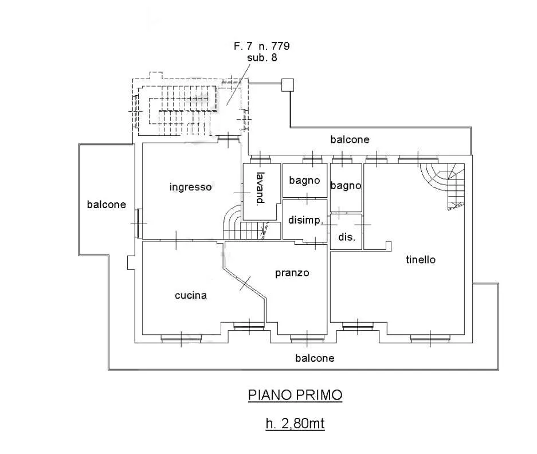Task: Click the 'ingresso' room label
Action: point(190,187)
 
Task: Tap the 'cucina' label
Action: point(191,295)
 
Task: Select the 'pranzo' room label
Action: point(292,273)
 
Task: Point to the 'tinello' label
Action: point(421,259)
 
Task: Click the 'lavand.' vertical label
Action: point(261,188)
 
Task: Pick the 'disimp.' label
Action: point(305,220)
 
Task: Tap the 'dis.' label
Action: point(347,237)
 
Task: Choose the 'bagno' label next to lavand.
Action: point(304,181)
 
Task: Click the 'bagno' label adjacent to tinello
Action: point(346,186)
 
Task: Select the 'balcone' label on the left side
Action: point(107,205)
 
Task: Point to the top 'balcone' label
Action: point(350,139)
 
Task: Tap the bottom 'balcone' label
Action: point(315,358)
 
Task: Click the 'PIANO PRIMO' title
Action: point(295,395)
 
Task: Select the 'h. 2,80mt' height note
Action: point(295,424)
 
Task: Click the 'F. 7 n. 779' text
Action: point(262,46)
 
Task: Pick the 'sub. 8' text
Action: point(262,57)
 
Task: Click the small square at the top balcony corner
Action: point(288,85)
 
